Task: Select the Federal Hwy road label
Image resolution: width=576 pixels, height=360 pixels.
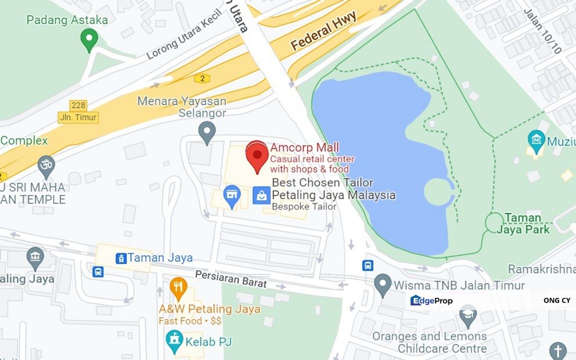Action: point(324,31)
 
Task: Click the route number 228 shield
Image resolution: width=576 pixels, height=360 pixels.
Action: point(79,105)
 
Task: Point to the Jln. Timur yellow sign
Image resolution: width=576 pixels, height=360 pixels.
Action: point(79,117)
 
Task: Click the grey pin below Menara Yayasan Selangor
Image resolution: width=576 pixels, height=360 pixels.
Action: point(206,132)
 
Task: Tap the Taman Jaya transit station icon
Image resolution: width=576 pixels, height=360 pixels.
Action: point(121,258)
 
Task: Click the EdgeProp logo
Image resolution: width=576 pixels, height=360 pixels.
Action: point(431,300)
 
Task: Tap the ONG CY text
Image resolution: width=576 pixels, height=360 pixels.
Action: point(556,300)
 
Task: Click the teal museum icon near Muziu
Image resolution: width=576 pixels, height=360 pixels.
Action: point(536,138)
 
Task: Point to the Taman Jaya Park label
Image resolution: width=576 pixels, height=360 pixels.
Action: point(523,223)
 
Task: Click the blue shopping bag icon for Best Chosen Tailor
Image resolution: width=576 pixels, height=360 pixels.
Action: point(261,195)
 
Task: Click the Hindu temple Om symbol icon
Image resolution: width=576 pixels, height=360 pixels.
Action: point(47,165)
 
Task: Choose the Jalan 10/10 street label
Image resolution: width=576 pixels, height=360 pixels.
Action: point(542,31)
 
